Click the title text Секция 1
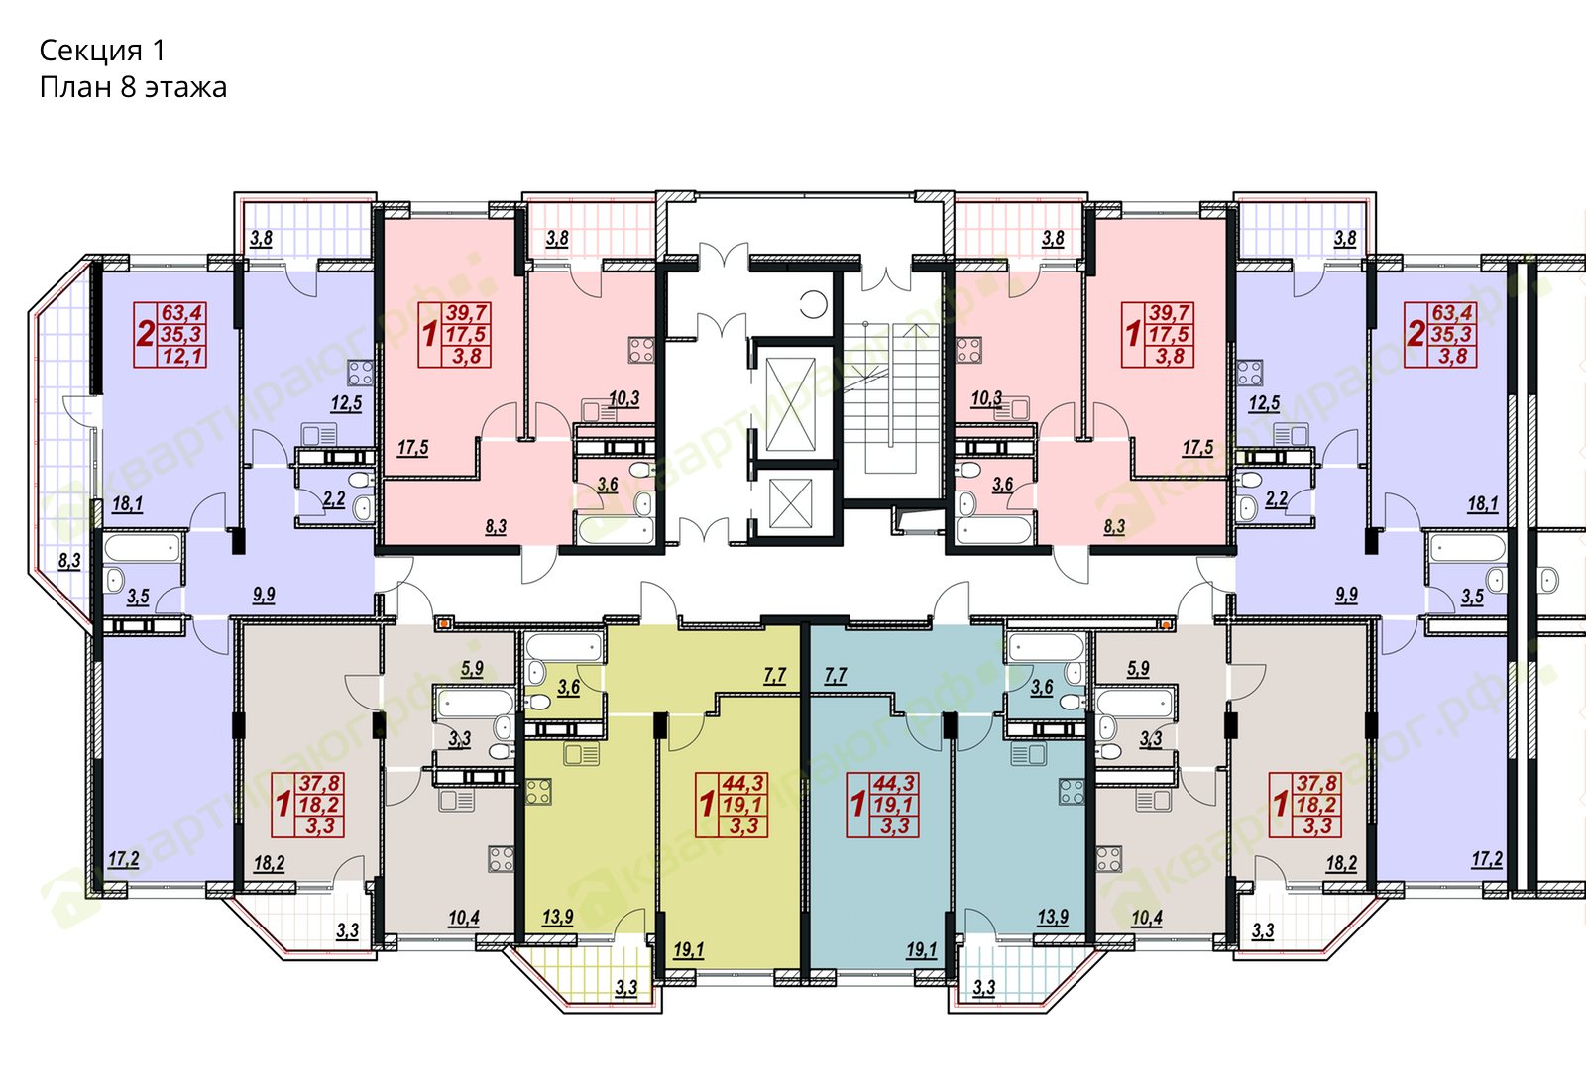point(103,51)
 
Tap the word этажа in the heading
point(185,88)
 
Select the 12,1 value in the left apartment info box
point(183,356)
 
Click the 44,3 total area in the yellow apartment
point(742,782)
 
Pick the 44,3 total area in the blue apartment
point(894,782)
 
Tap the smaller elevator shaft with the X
point(790,503)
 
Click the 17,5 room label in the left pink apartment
point(412,447)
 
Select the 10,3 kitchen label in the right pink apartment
point(986,399)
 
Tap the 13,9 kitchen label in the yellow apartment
point(558,918)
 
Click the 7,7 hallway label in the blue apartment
point(836,675)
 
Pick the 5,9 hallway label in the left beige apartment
point(472,668)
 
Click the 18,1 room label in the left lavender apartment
point(128,504)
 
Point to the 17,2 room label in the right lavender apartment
point(1487,860)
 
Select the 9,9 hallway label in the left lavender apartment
point(264,595)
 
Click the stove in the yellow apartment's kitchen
point(539,792)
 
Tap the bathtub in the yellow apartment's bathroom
point(564,647)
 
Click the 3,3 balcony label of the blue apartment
point(984,987)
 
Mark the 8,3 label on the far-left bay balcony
point(69,561)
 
